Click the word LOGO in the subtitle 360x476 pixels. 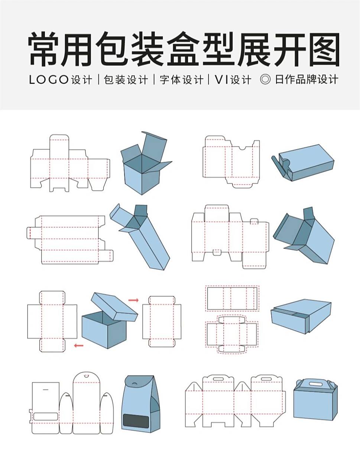[x=49, y=80]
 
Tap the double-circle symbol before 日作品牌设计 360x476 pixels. [x=265, y=79]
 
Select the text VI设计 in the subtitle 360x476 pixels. [x=233, y=80]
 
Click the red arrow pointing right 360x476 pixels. [x=133, y=300]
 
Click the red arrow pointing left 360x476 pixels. [x=78, y=345]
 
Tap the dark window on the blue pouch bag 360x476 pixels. [x=136, y=421]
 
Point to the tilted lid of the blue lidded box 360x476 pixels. [x=114, y=307]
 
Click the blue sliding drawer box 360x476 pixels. [x=301, y=316]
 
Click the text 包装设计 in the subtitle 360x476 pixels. [x=126, y=80]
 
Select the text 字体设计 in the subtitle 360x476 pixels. [x=181, y=80]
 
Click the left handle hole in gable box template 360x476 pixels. [x=218, y=379]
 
